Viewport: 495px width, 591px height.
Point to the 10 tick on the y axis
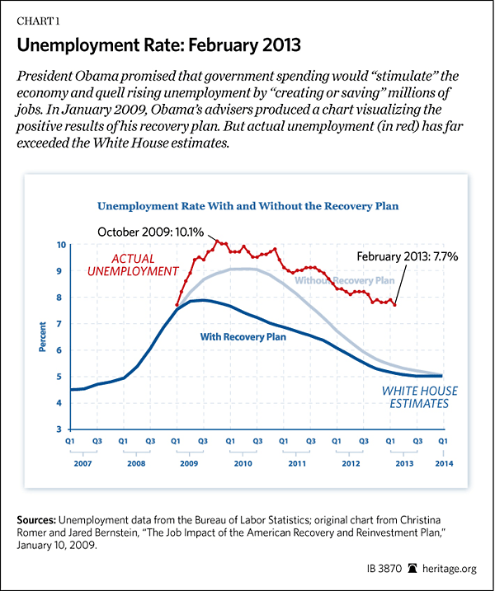pyautogui.click(x=61, y=246)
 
